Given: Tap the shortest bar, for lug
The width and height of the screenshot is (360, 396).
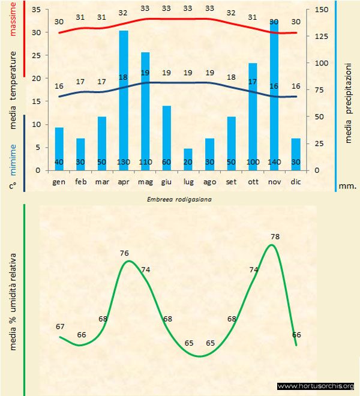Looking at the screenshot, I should tap(188, 159).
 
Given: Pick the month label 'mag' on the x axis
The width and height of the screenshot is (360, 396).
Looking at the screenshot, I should tap(145, 181).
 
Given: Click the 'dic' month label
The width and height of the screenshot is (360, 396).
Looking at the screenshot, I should tap(295, 181).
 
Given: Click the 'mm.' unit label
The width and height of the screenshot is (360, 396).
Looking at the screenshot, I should tap(347, 185).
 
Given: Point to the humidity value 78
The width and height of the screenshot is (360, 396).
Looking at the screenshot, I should tap(275, 237).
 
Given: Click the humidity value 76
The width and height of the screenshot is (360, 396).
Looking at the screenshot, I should tap(125, 253).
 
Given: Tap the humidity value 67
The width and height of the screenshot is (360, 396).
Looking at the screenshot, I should tap(60, 326).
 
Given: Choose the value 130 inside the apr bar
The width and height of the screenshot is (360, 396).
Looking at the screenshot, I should tap(124, 163).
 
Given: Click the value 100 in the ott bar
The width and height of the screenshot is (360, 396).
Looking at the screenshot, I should tap(253, 163).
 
